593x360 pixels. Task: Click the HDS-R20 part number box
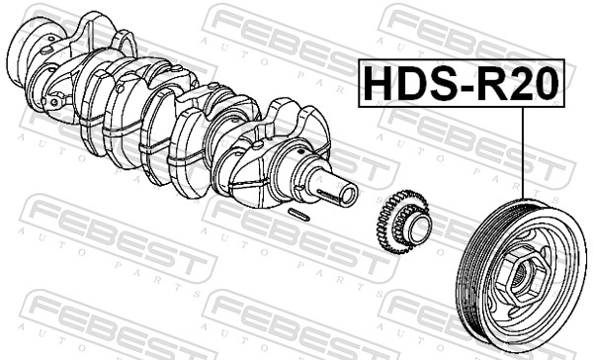(x=459, y=83)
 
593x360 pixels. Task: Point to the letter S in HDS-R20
(x=436, y=84)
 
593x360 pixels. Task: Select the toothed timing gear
(x=406, y=226)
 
